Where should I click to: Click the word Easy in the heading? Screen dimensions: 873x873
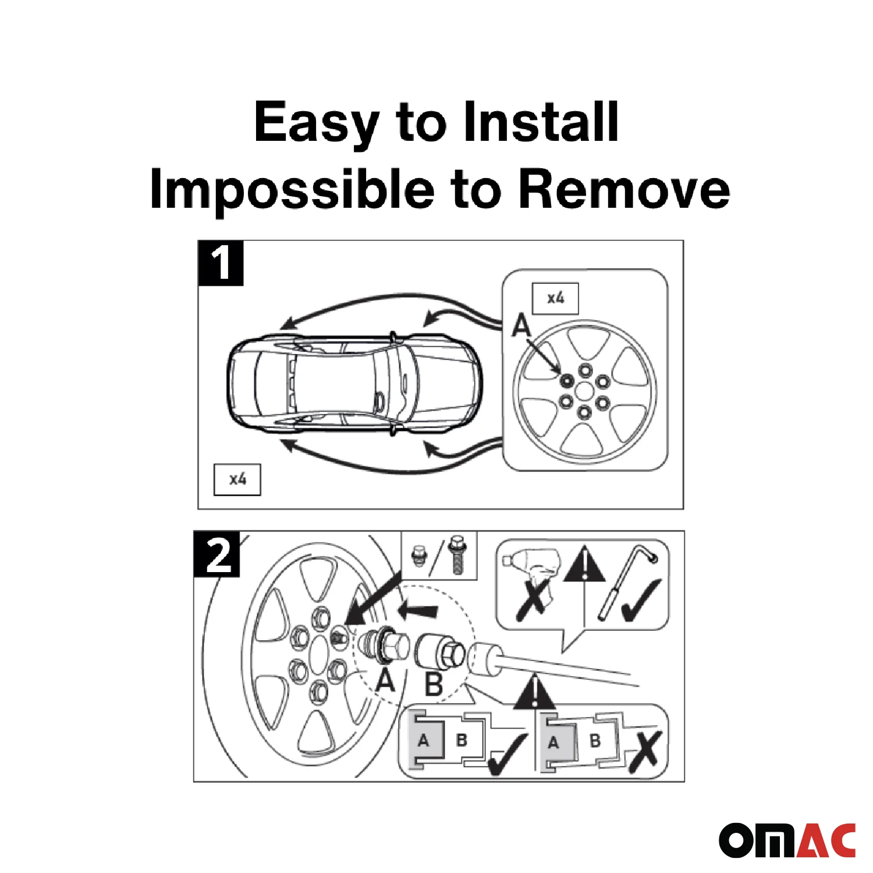(x=316, y=123)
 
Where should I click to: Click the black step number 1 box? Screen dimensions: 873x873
(x=221, y=263)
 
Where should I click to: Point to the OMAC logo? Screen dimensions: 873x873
(x=787, y=840)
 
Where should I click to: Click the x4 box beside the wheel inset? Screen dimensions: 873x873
(x=555, y=299)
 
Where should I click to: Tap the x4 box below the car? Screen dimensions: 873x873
(x=237, y=480)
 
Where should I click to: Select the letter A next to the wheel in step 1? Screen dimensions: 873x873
(x=521, y=325)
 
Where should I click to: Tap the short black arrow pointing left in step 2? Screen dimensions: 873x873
(x=418, y=611)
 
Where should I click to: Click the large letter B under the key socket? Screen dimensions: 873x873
(x=434, y=684)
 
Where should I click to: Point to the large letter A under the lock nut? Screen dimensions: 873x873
(x=385, y=679)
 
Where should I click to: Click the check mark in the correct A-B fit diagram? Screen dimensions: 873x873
(x=506, y=754)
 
